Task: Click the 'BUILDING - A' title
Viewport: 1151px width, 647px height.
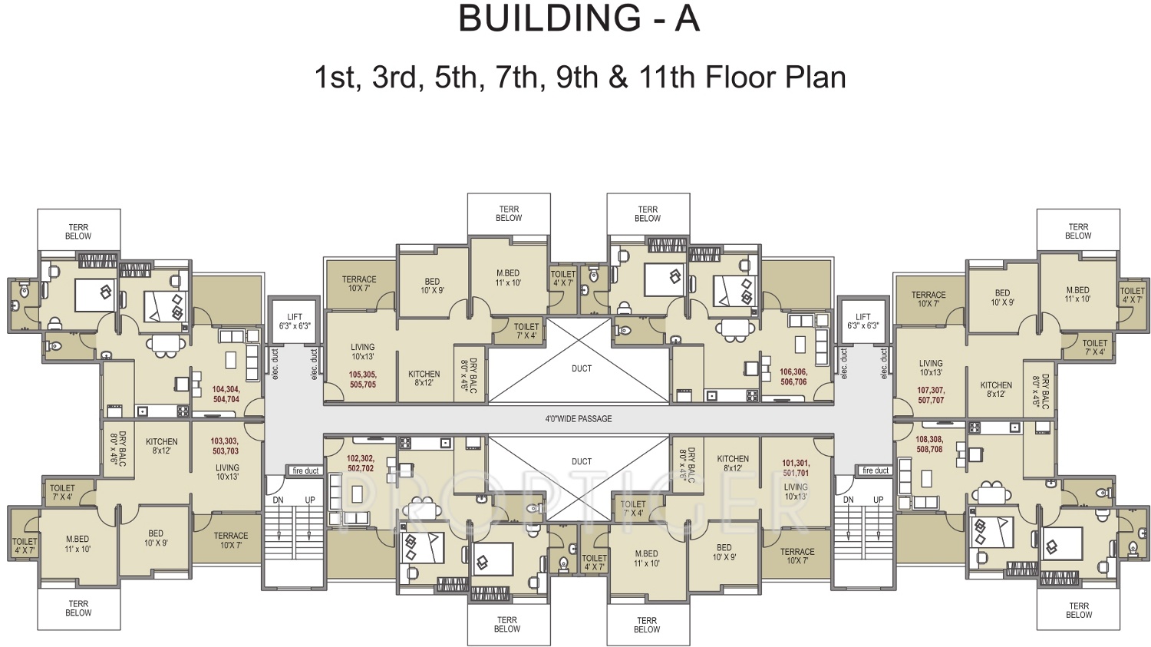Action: pyautogui.click(x=579, y=18)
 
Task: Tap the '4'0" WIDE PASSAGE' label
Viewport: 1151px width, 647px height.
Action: pyautogui.click(x=579, y=419)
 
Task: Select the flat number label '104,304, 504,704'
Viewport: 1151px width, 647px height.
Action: pyautogui.click(x=226, y=394)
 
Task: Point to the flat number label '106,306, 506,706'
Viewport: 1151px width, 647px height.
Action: pyautogui.click(x=793, y=377)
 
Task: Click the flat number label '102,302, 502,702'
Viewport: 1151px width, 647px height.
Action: pyautogui.click(x=361, y=464)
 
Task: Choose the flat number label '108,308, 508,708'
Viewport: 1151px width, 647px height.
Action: pyautogui.click(x=929, y=444)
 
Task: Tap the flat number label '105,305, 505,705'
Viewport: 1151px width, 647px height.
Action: pyautogui.click(x=363, y=380)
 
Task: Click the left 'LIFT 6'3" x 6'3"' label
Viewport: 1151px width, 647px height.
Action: pyautogui.click(x=295, y=322)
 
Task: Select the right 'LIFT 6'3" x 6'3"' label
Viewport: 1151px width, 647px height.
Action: pyautogui.click(x=863, y=322)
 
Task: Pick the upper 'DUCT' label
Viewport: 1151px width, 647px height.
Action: pyautogui.click(x=582, y=369)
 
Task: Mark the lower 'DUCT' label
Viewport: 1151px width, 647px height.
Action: pyautogui.click(x=582, y=462)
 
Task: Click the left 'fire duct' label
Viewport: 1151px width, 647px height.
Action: pyautogui.click(x=305, y=471)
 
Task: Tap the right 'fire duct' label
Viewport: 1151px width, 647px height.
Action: pyautogui.click(x=876, y=470)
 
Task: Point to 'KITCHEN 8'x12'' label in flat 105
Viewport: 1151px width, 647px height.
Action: pyautogui.click(x=424, y=378)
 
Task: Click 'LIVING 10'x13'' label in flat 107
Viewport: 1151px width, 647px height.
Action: pyautogui.click(x=931, y=368)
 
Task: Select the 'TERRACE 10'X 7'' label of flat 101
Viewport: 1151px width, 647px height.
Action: pyautogui.click(x=797, y=556)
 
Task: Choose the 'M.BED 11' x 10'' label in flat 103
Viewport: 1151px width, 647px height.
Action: pyautogui.click(x=78, y=544)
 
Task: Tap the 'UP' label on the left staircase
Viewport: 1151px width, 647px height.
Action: pyautogui.click(x=310, y=500)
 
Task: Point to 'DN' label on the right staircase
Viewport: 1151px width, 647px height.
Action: pyautogui.click(x=848, y=500)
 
